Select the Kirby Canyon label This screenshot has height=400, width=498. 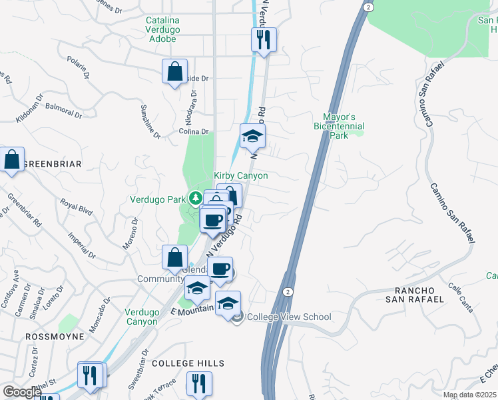pos(240,175)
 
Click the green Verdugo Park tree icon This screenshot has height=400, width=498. pos(196,198)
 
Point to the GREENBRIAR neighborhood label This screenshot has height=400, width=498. pos(53,164)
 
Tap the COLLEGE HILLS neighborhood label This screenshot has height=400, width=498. pos(188,363)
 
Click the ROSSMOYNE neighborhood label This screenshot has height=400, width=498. pos(55,337)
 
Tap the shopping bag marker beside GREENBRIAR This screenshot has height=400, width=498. pos(12,160)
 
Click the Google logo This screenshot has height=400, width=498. pos(22,392)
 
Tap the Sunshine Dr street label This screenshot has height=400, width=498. pos(150,121)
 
